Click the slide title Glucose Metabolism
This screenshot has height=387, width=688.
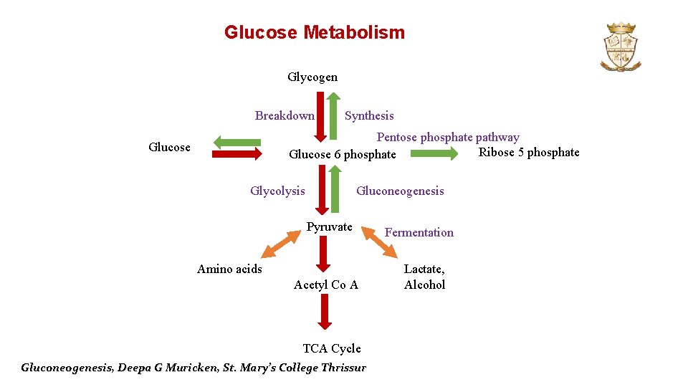click(314, 33)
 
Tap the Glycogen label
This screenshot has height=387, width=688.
click(312, 77)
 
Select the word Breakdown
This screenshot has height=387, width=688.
click(285, 115)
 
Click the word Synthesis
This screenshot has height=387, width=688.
click(369, 115)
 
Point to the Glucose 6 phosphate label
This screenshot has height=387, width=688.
click(342, 155)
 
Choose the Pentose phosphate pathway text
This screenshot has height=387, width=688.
click(448, 137)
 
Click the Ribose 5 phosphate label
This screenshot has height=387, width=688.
click(529, 152)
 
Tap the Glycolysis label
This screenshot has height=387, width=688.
click(277, 191)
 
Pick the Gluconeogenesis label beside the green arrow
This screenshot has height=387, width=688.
click(400, 191)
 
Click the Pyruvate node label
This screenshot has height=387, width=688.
click(330, 227)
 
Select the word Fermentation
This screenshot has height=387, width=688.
click(419, 232)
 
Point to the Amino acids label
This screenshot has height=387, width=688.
click(229, 269)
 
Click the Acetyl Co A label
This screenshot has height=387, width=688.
click(326, 285)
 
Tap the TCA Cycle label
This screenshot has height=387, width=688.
click(332, 348)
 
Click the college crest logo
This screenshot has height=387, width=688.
click(621, 47)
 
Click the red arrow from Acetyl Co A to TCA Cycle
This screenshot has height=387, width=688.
click(325, 312)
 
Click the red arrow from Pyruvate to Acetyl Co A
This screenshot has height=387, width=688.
click(323, 254)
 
